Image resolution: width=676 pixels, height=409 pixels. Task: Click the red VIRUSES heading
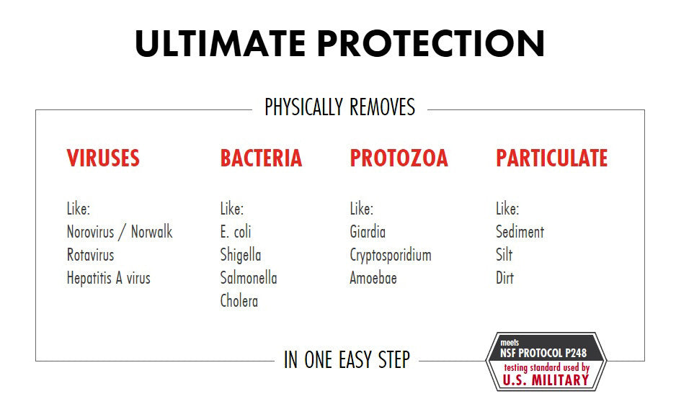tap(103, 158)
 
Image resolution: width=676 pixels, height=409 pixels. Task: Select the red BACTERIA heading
tap(261, 158)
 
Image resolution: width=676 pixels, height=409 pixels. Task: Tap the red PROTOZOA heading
tap(399, 158)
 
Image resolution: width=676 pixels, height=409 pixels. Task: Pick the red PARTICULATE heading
tap(551, 158)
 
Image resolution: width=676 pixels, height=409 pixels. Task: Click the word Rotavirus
tap(90, 255)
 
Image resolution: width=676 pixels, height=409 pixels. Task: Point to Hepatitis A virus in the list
tap(108, 278)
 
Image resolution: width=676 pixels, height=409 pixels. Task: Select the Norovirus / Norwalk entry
tap(120, 232)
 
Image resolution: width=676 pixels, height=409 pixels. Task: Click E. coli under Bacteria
tap(236, 232)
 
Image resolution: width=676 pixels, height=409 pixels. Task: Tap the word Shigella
tap(241, 255)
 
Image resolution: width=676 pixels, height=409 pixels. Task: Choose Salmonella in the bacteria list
tap(249, 278)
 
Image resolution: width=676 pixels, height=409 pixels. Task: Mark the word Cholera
tap(239, 301)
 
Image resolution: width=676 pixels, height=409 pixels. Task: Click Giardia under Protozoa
tap(368, 232)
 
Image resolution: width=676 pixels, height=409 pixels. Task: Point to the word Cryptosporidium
tap(391, 255)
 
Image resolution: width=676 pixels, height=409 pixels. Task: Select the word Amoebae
tap(373, 278)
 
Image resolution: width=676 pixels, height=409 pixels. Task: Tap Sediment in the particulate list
tap(520, 232)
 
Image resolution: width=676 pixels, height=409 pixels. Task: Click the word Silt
tap(504, 255)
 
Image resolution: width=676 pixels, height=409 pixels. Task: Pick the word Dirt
tap(504, 278)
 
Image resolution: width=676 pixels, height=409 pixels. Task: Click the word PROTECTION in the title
tap(431, 44)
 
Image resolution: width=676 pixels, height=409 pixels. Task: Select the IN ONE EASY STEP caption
tap(347, 359)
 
